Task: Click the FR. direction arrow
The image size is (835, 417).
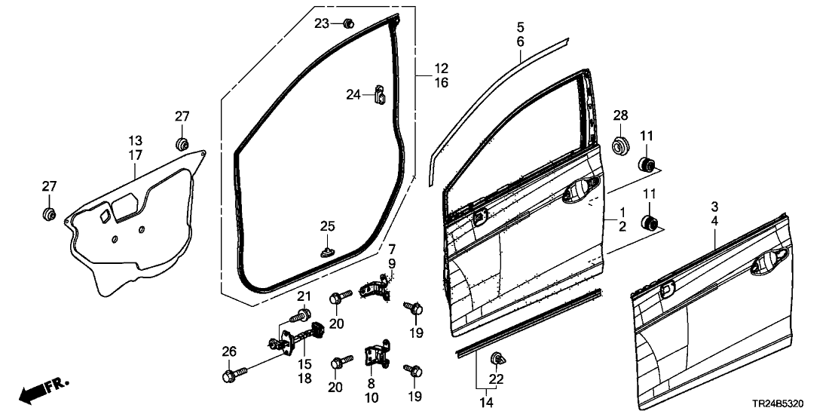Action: click(42, 389)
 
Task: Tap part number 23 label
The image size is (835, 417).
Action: click(322, 23)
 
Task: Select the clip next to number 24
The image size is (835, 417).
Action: click(380, 95)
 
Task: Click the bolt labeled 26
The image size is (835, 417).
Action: click(229, 374)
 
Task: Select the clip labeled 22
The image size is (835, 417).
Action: click(497, 357)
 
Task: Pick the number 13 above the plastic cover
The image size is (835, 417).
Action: click(135, 140)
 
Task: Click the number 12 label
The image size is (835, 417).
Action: click(441, 68)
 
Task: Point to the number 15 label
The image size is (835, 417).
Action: click(304, 364)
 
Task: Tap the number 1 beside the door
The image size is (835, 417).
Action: click(622, 212)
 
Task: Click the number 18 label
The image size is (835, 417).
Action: click(304, 379)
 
